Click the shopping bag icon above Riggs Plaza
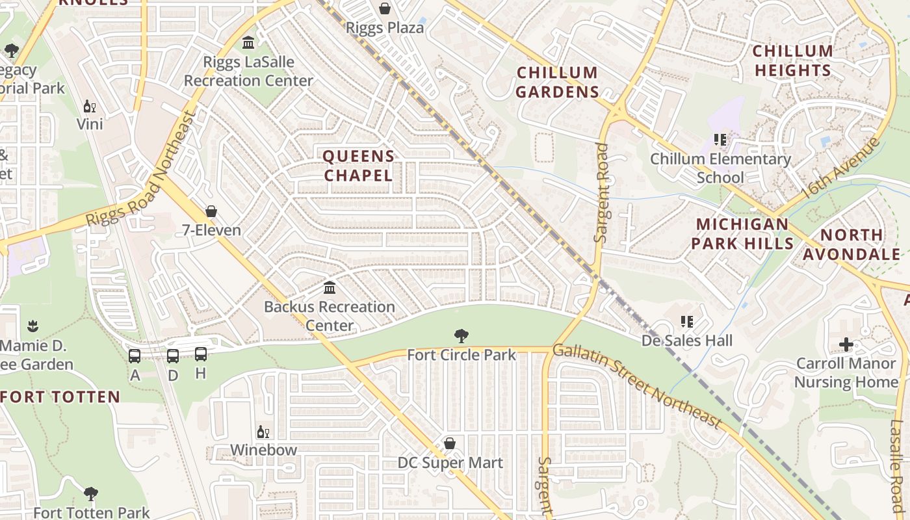(385, 8)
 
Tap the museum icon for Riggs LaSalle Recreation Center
(248, 44)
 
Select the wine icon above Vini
(89, 106)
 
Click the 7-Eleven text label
(211, 230)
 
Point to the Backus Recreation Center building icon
(330, 287)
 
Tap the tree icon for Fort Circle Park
(461, 336)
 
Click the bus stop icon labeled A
(135, 356)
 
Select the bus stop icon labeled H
(201, 354)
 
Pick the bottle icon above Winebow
(263, 432)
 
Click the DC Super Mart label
(450, 463)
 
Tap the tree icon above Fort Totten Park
(91, 494)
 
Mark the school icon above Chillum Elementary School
(720, 140)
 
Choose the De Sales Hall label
(687, 341)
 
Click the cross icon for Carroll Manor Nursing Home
(846, 344)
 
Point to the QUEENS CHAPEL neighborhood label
(358, 166)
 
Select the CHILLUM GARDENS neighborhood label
(557, 83)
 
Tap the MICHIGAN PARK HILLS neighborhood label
(742, 234)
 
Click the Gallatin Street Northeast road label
(637, 386)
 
